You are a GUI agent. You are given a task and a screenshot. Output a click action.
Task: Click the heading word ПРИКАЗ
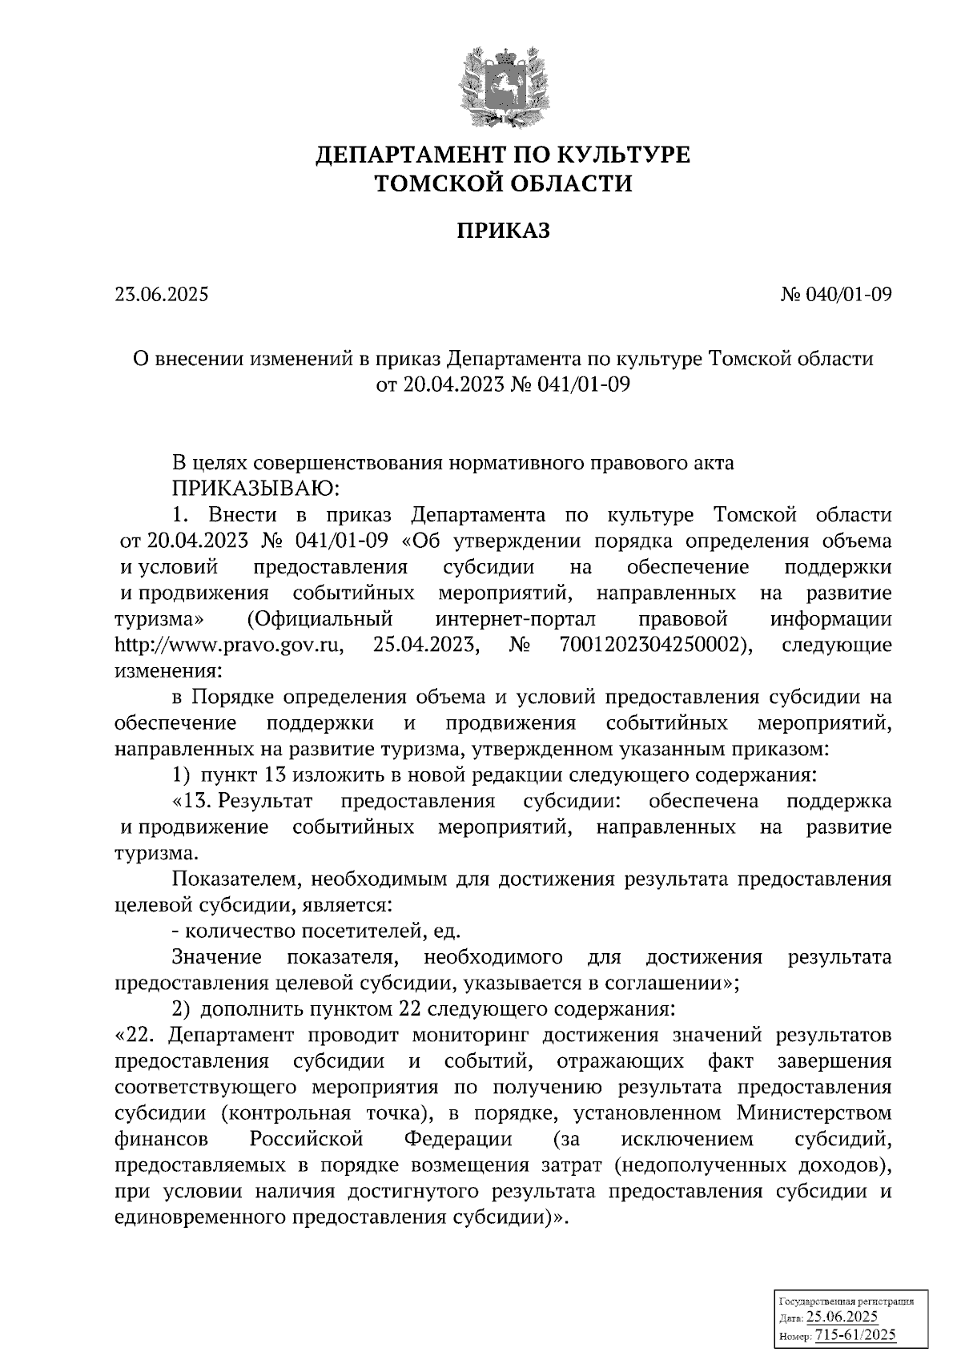pos(503,231)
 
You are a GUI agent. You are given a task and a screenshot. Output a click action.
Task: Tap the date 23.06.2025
pos(161,295)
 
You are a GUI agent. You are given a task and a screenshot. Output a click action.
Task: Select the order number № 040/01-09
pos(836,295)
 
